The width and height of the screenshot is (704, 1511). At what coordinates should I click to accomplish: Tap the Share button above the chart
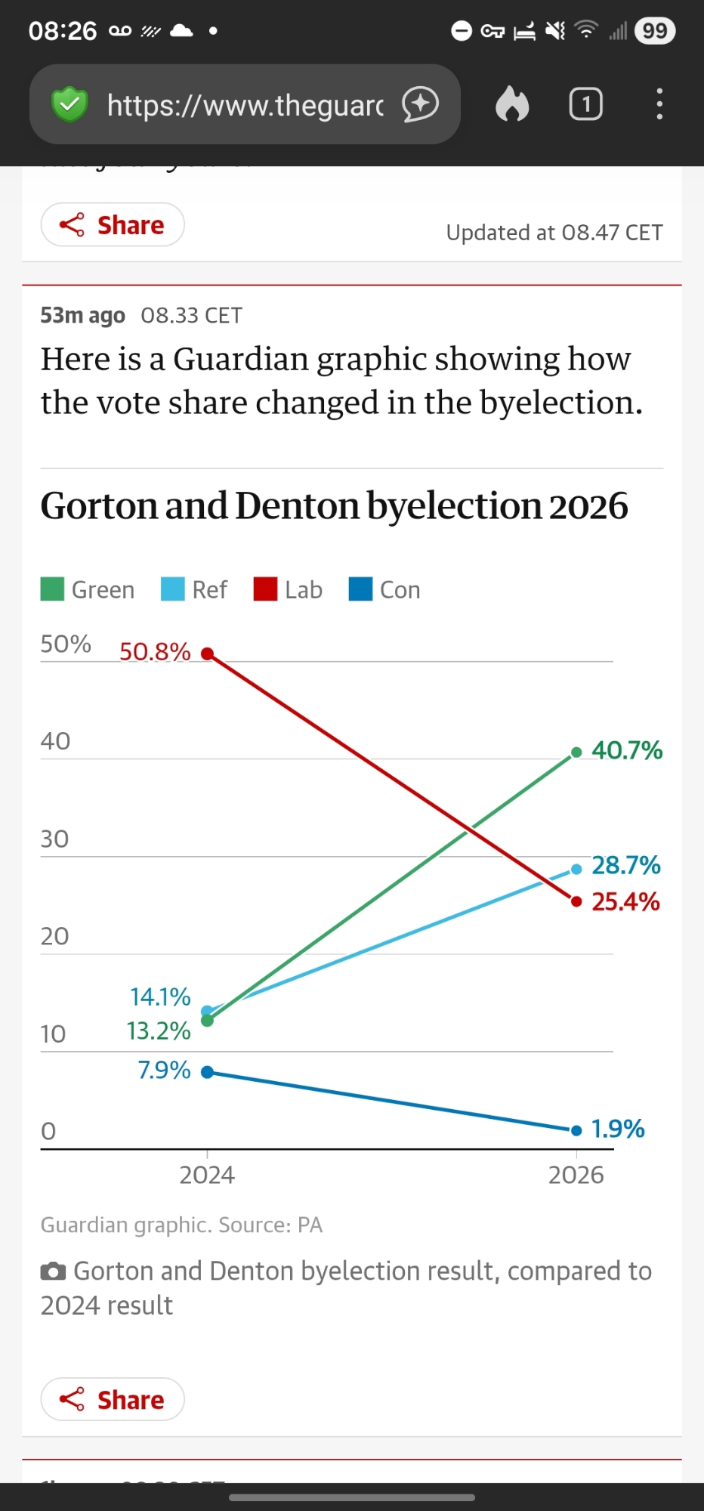[x=112, y=225]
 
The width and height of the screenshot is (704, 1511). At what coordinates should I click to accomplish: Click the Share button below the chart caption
[x=112, y=1399]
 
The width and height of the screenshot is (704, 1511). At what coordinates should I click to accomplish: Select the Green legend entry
[x=88, y=589]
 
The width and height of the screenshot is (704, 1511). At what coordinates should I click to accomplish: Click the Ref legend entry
[x=194, y=589]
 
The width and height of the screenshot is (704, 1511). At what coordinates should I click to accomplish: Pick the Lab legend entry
[x=288, y=589]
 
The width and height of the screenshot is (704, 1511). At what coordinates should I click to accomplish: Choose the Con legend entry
[x=384, y=589]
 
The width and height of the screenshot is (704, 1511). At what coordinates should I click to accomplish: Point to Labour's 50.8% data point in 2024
[x=207, y=654]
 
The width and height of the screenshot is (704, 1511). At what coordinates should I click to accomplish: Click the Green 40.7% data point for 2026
[x=576, y=752]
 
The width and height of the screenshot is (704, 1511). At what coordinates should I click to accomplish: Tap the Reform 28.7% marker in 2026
[x=576, y=869]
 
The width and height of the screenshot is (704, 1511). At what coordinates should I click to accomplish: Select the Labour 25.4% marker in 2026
[x=576, y=901]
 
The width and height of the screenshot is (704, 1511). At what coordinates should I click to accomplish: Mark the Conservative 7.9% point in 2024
[x=207, y=1072]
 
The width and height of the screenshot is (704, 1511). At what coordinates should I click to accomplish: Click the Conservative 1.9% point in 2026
[x=576, y=1130]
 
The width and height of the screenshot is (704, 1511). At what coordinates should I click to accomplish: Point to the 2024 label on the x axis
[x=207, y=1175]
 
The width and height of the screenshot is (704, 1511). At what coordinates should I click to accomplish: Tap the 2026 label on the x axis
[x=576, y=1175]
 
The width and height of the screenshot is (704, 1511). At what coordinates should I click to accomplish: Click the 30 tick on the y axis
[x=54, y=839]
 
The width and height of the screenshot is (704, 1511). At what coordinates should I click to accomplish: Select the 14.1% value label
[x=160, y=997]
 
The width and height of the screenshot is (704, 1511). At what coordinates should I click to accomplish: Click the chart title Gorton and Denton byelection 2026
[x=334, y=505]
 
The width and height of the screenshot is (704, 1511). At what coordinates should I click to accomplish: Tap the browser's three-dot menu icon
[x=659, y=104]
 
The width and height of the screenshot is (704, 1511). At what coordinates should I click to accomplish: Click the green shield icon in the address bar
[x=69, y=104]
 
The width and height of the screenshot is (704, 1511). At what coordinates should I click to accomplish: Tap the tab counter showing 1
[x=585, y=104]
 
